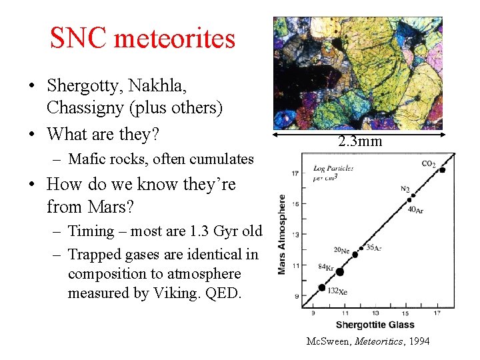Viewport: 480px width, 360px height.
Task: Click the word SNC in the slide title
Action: pos(79,39)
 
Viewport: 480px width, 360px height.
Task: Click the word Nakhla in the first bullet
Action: pos(157,85)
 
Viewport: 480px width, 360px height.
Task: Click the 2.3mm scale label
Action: pos(359,141)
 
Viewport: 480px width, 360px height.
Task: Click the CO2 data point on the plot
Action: pos(442,170)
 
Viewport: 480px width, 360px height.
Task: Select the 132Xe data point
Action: pos(323,288)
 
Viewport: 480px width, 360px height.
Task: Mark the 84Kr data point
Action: pos(340,271)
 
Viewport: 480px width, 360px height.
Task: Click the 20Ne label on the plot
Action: pos(341,251)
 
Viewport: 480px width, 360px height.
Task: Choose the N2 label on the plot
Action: pos(405,189)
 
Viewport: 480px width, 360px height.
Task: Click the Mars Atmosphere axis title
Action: pos(282,233)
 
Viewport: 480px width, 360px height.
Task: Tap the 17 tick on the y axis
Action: pos(295,173)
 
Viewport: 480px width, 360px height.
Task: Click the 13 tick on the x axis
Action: pos(375,313)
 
